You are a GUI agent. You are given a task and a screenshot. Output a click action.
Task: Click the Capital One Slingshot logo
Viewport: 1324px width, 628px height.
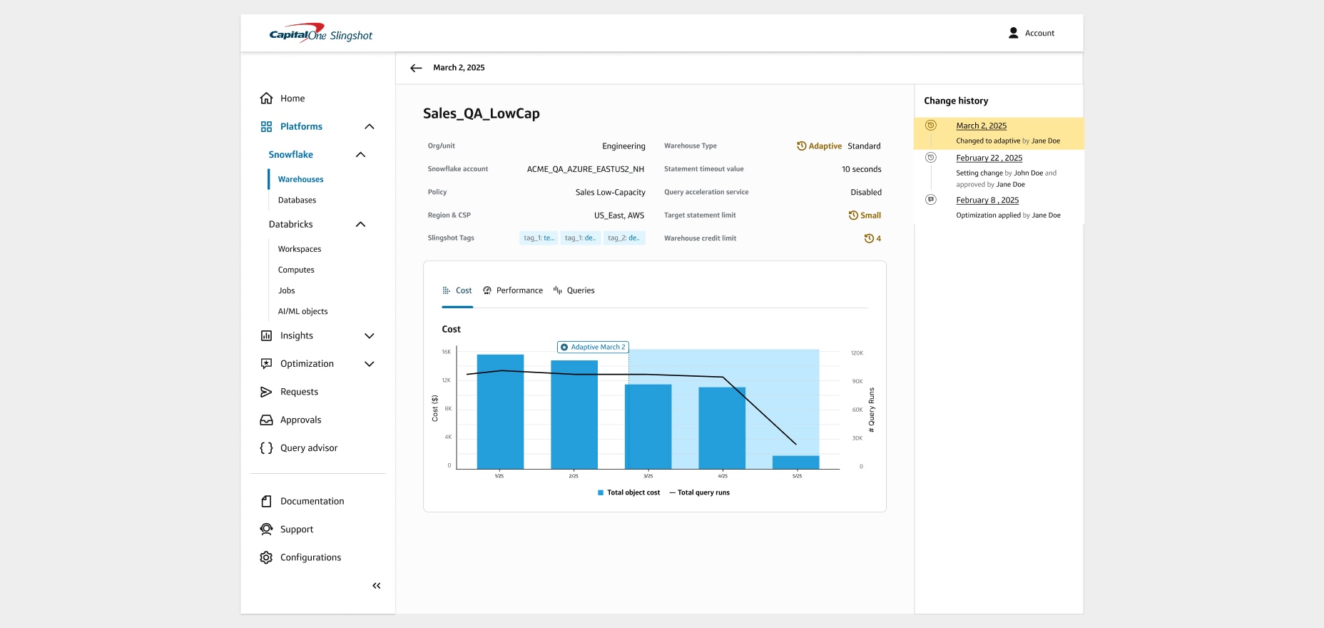(x=320, y=34)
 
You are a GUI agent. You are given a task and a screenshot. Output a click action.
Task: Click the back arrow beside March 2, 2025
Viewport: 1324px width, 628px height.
(x=416, y=68)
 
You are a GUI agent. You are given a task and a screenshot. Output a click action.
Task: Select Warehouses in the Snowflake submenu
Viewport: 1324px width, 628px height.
(x=300, y=179)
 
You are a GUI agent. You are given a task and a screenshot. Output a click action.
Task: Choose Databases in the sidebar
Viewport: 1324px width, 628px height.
(x=297, y=200)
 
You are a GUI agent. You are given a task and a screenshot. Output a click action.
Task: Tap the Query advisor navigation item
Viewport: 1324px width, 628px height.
(x=308, y=448)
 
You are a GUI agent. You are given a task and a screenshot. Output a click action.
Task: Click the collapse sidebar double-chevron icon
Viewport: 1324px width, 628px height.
(x=376, y=586)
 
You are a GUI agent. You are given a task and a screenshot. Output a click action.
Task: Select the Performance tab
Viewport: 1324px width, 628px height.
(x=512, y=290)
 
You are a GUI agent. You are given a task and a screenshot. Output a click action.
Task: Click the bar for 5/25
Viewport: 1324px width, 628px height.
(x=795, y=462)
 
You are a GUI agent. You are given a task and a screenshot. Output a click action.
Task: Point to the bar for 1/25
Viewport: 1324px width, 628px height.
(x=500, y=411)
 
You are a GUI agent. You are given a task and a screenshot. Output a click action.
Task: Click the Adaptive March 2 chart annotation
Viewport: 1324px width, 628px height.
(x=593, y=347)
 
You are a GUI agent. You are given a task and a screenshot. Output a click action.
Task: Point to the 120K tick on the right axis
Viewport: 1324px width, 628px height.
(x=857, y=353)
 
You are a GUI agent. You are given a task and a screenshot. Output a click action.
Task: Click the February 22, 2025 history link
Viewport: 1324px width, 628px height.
(x=989, y=158)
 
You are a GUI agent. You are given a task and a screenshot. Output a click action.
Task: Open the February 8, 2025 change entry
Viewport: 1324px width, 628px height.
(x=987, y=200)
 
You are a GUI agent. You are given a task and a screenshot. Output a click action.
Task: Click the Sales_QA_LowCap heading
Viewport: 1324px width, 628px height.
(x=481, y=113)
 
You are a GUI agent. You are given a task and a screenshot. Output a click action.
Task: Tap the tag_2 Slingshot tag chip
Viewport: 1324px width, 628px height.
(x=624, y=238)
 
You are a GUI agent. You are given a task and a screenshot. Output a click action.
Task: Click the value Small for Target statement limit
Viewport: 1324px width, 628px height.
(x=870, y=216)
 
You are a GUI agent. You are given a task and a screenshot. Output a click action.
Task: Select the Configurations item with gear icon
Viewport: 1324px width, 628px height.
(x=310, y=557)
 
